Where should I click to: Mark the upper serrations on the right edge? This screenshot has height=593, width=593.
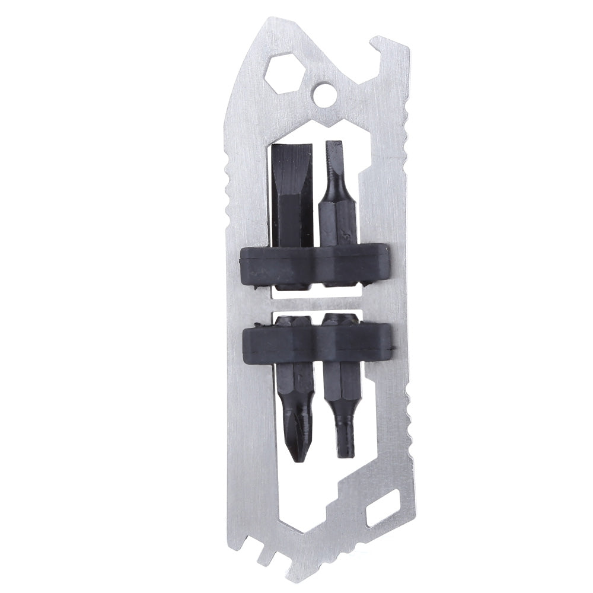click(406, 148)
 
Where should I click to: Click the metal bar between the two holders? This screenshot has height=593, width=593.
click(317, 302)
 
